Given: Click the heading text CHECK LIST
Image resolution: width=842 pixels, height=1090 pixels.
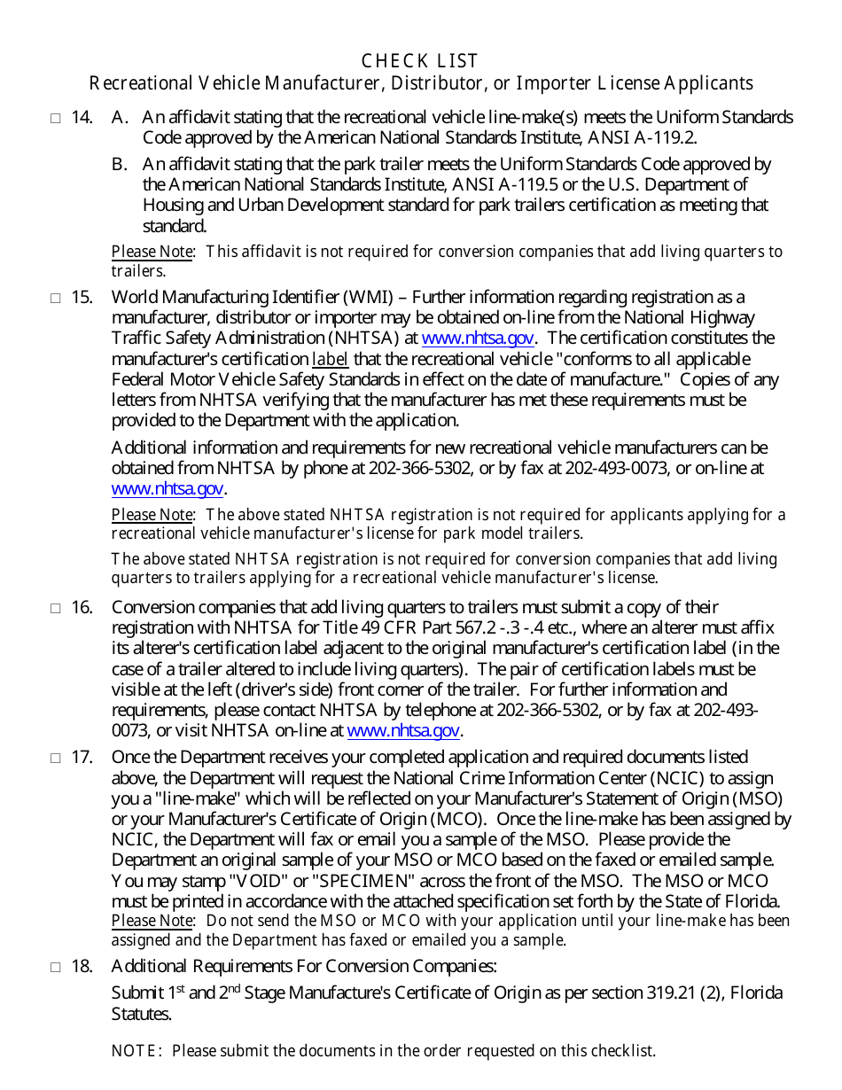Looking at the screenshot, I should click(420, 61).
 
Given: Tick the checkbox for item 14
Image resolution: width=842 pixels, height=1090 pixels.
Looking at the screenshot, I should click(55, 118).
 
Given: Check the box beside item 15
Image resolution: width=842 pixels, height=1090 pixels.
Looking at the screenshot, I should click(55, 298).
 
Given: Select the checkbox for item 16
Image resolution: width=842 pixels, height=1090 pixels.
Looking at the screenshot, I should click(55, 608).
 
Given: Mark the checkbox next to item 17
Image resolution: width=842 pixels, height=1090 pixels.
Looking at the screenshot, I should click(55, 759).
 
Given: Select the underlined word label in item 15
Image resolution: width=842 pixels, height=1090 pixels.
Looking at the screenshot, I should click(330, 359).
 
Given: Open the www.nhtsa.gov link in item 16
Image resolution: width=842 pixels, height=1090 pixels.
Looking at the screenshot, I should click(403, 731).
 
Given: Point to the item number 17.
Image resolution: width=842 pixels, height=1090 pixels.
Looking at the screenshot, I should click(82, 758).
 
